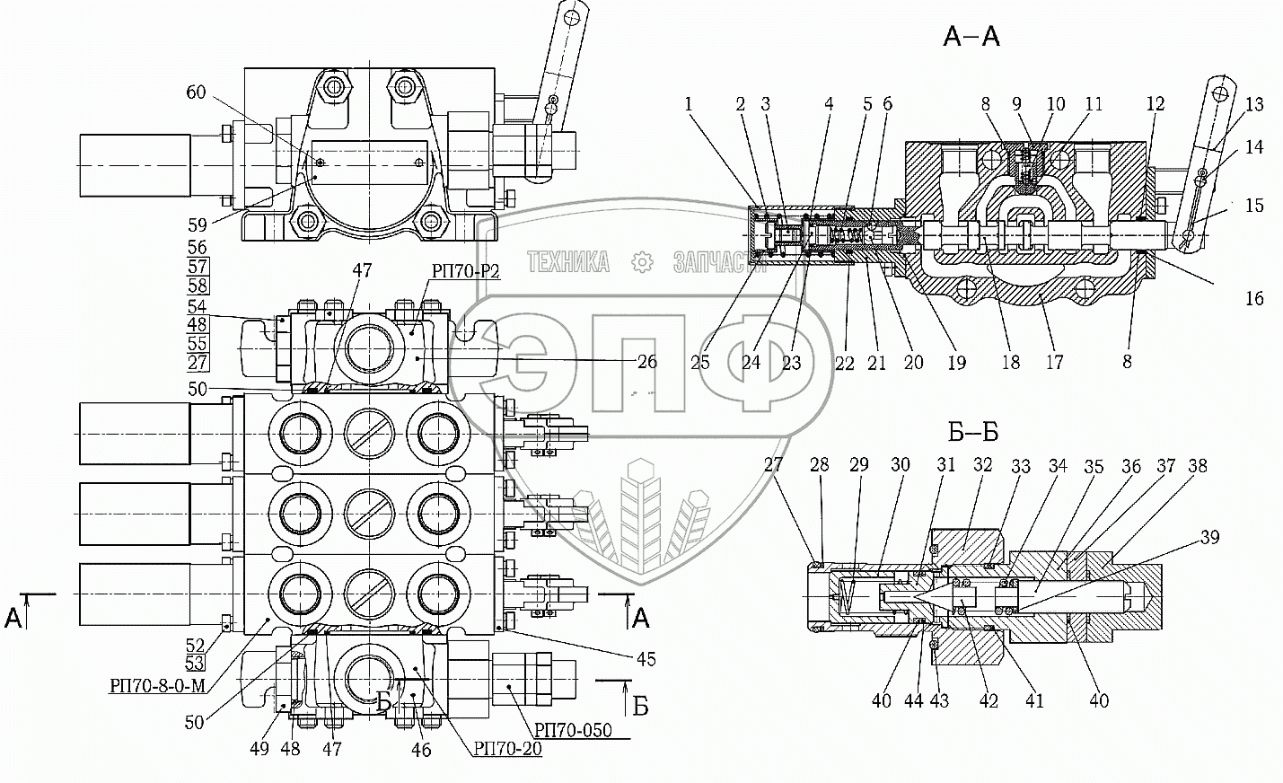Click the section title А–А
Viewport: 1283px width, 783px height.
tap(971, 37)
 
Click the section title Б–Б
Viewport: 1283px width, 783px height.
tap(973, 432)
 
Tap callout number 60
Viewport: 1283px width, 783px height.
tap(196, 92)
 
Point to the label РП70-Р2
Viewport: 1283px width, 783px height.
tap(465, 270)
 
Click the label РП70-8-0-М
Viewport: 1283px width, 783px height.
tap(157, 685)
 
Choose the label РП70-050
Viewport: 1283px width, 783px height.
tap(573, 730)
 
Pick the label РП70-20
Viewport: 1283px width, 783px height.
tap(507, 748)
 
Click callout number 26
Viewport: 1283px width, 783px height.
tap(646, 362)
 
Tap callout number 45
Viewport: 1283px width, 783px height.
tap(646, 659)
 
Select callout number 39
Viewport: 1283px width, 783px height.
tap(1209, 537)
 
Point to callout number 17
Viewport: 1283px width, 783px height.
tap(1054, 362)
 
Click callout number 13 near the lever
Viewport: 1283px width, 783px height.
tap(1254, 103)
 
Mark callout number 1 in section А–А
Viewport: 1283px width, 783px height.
tap(689, 103)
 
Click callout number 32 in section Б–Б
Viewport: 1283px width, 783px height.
tap(982, 464)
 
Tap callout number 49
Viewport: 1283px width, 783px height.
tap(259, 748)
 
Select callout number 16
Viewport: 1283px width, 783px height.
tap(1254, 298)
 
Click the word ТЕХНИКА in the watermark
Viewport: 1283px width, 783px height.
tap(568, 262)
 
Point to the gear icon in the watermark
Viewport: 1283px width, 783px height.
tap(642, 262)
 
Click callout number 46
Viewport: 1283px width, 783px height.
tap(421, 750)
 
